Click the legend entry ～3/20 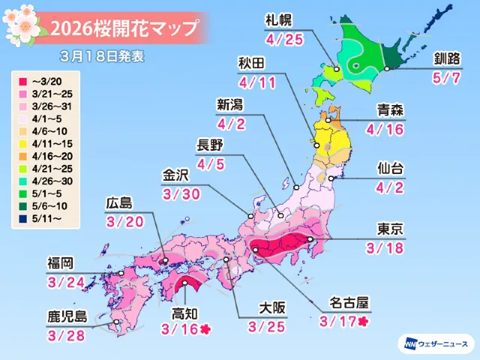(45, 78)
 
